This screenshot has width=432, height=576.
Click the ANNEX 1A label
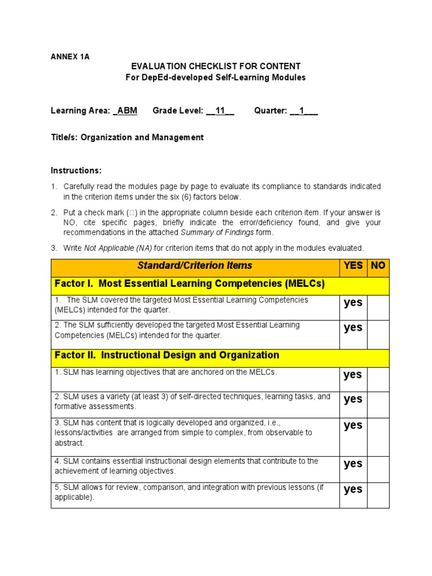[x=70, y=57]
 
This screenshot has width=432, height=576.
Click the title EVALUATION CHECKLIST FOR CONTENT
[x=215, y=66]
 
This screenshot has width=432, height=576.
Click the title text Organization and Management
[x=142, y=137]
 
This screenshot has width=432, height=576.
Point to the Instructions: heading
[x=76, y=170]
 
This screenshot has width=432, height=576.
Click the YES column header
[x=353, y=265]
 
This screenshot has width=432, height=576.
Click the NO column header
[x=378, y=265]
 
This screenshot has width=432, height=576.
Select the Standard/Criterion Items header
[x=196, y=265]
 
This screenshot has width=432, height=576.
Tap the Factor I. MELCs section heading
[x=190, y=284]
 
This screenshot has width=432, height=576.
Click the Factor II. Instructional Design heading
[x=166, y=355]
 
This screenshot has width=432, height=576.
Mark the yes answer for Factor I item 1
[x=353, y=303]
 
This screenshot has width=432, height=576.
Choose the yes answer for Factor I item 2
[x=353, y=327]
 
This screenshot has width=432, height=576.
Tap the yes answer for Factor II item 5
[x=353, y=489]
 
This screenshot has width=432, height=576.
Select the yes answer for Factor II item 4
[x=353, y=463]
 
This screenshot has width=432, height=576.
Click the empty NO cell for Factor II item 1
[x=378, y=379]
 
